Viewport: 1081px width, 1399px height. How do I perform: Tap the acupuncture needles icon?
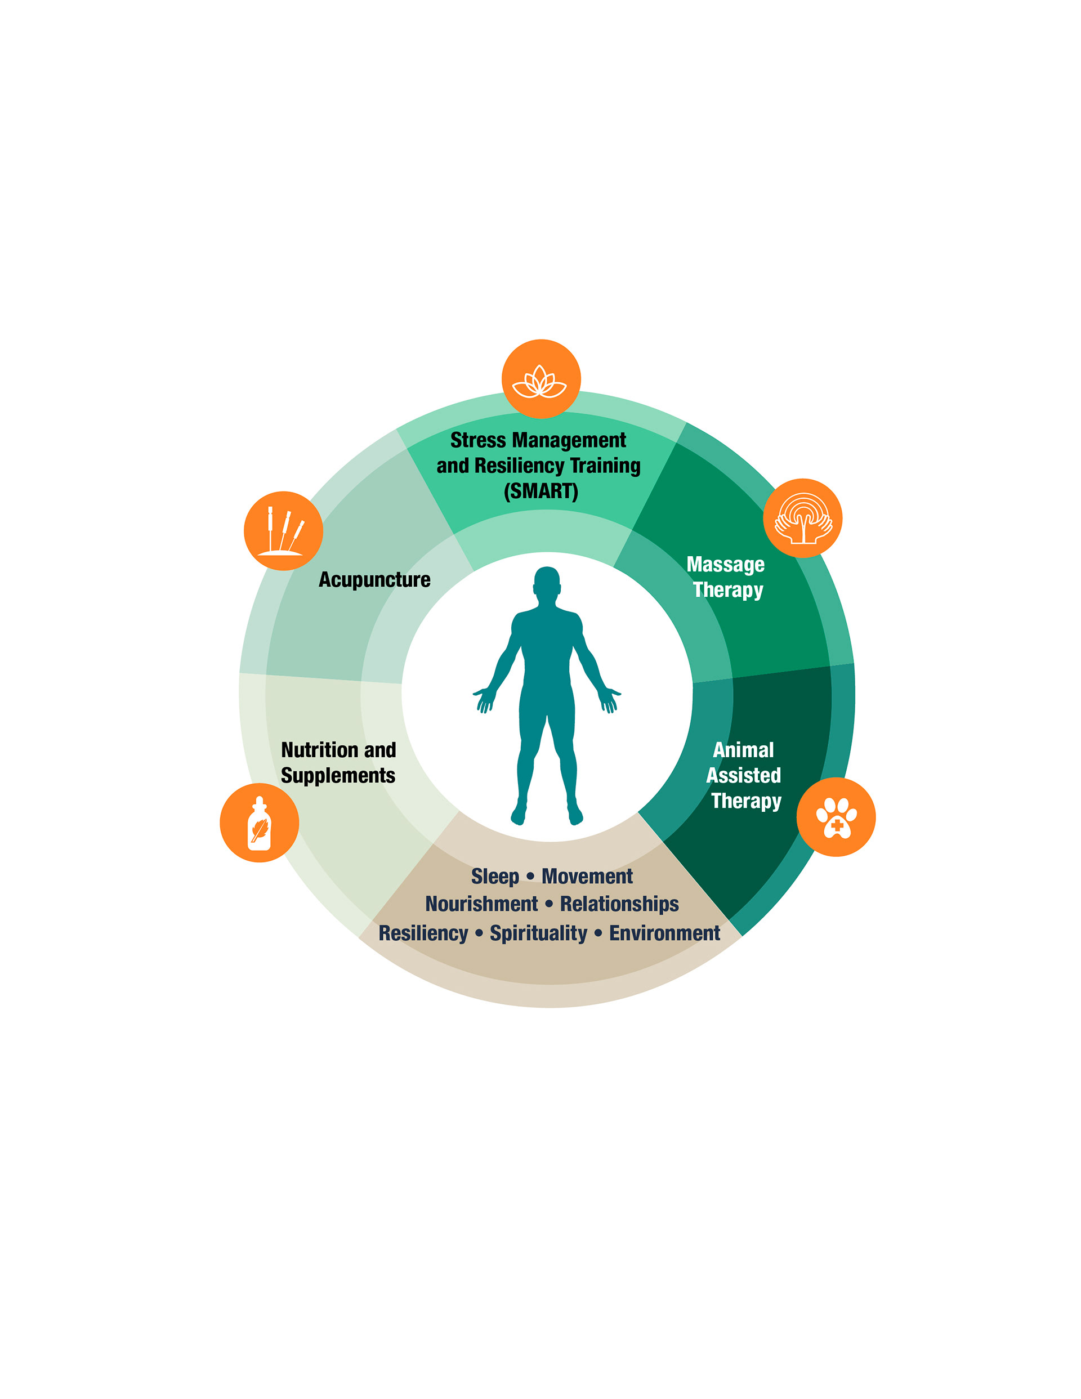point(283,531)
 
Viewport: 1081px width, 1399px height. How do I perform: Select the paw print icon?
point(836,817)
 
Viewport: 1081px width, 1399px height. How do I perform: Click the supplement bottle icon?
point(259,823)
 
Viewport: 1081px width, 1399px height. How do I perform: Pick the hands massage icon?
point(802,518)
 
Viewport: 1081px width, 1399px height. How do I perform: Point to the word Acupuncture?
point(374,580)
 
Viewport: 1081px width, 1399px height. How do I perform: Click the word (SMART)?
point(541,491)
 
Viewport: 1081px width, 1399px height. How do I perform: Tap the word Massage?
point(725,564)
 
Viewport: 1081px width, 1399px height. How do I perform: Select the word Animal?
point(743,750)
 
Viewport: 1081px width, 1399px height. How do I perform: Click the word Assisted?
point(743,776)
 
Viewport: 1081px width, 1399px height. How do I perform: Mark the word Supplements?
point(338,776)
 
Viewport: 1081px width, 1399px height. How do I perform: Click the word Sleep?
point(495,877)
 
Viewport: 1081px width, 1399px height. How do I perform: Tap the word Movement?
point(587,877)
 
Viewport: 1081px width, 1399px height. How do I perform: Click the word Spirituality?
point(538,933)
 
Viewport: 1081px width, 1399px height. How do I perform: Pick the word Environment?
point(664,933)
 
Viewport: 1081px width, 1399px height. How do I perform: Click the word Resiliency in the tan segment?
point(423,933)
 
